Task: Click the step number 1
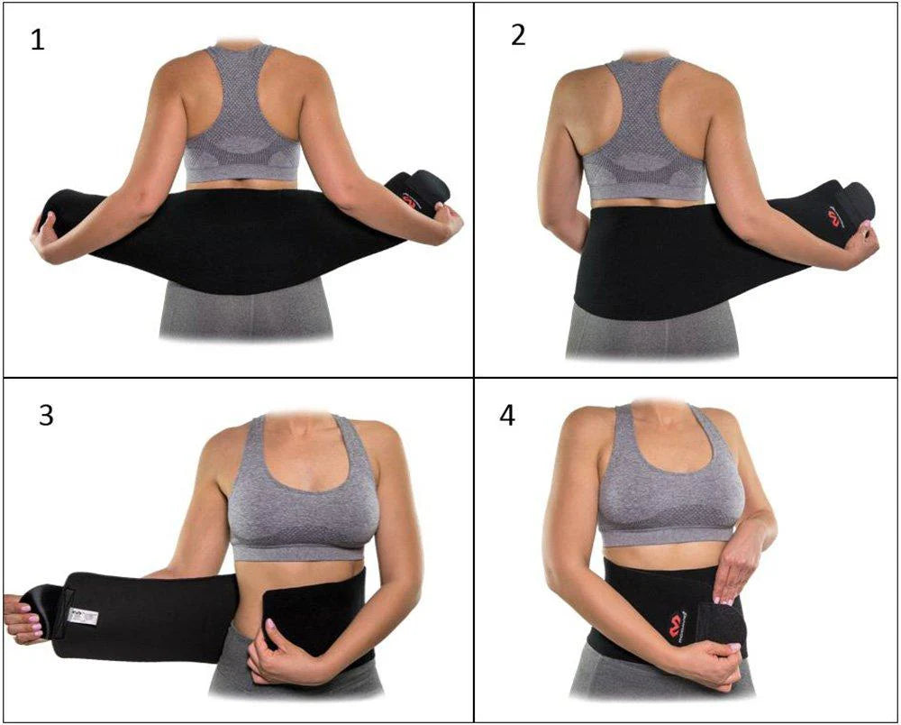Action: tap(37, 41)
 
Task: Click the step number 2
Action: tap(518, 35)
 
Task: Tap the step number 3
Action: tap(46, 416)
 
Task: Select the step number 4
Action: tap(507, 417)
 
